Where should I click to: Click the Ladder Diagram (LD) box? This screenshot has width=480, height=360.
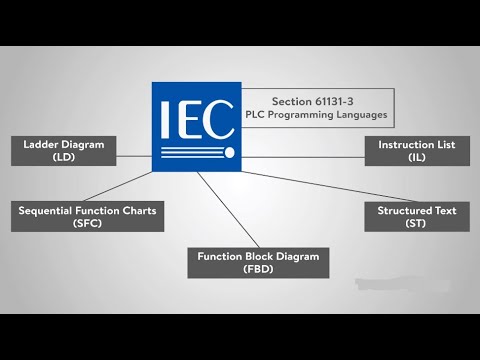(62, 151)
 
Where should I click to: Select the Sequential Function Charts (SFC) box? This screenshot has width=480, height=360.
(87, 216)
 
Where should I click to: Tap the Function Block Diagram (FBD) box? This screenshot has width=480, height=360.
(258, 263)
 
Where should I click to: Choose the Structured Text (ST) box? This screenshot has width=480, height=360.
(416, 216)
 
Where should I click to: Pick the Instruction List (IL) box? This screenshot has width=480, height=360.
(416, 151)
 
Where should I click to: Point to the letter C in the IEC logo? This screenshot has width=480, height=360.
(220, 116)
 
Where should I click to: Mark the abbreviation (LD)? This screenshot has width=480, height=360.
(62, 158)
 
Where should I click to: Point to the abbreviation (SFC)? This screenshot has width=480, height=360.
(87, 223)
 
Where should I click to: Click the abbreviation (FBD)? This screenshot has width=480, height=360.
(258, 270)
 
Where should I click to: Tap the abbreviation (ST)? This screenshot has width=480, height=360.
(416, 223)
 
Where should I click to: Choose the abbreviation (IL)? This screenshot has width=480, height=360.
(416, 158)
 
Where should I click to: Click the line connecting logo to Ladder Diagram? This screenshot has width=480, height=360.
(134, 154)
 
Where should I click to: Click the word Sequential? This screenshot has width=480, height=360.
(49, 210)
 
